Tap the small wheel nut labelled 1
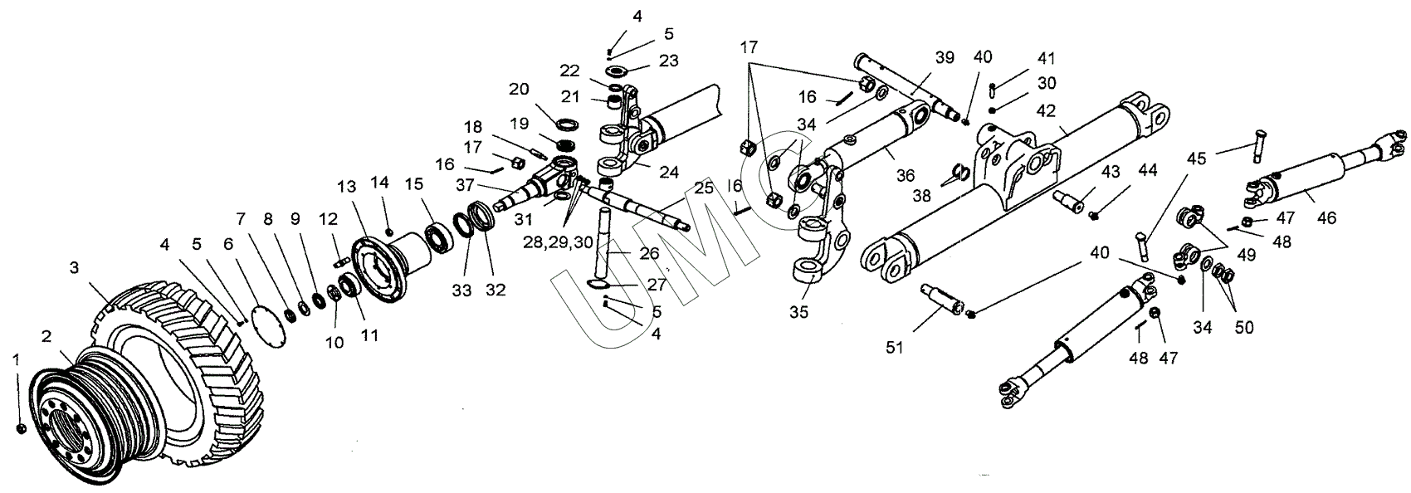coord(22,427)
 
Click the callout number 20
coord(519,89)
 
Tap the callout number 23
coord(669,61)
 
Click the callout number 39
coord(945,57)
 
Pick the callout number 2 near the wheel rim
coord(47,335)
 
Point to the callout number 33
coord(461,291)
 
